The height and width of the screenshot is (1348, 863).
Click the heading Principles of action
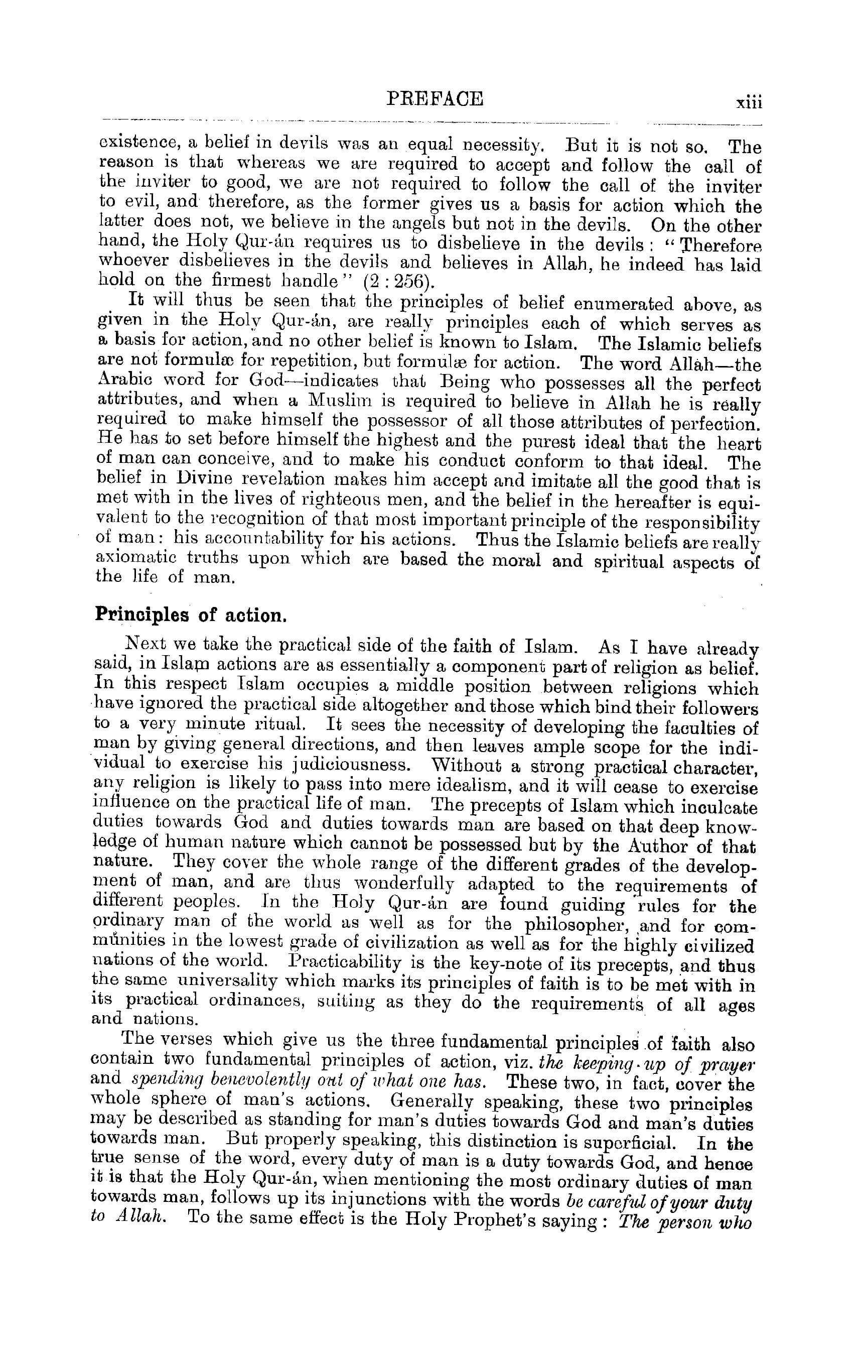[x=191, y=615]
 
